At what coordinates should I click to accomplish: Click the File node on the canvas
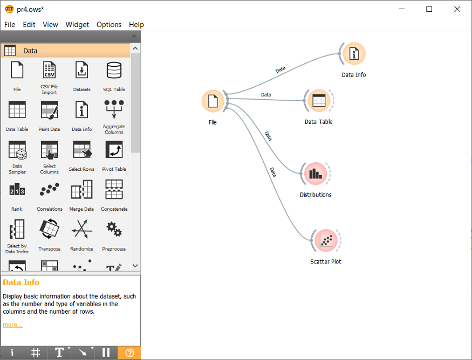click(213, 101)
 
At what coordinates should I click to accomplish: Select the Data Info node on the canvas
click(354, 53)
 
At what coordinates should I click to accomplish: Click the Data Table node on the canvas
click(319, 100)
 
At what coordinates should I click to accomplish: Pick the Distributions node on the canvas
click(316, 174)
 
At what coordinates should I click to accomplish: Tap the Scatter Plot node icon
click(325, 240)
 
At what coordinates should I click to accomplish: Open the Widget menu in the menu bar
click(77, 24)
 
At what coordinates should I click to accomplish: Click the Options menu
click(109, 24)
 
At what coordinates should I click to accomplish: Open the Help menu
click(136, 24)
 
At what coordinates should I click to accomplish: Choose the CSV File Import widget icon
click(49, 71)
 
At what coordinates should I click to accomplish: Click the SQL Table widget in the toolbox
click(114, 71)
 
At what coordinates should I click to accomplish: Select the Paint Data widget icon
click(49, 110)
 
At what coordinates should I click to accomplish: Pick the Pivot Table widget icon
click(114, 150)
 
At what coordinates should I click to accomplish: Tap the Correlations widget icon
click(49, 190)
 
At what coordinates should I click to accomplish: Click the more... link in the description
click(12, 324)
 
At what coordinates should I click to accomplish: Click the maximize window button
click(429, 9)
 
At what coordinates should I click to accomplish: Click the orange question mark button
click(129, 352)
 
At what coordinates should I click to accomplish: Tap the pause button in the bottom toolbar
click(106, 352)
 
